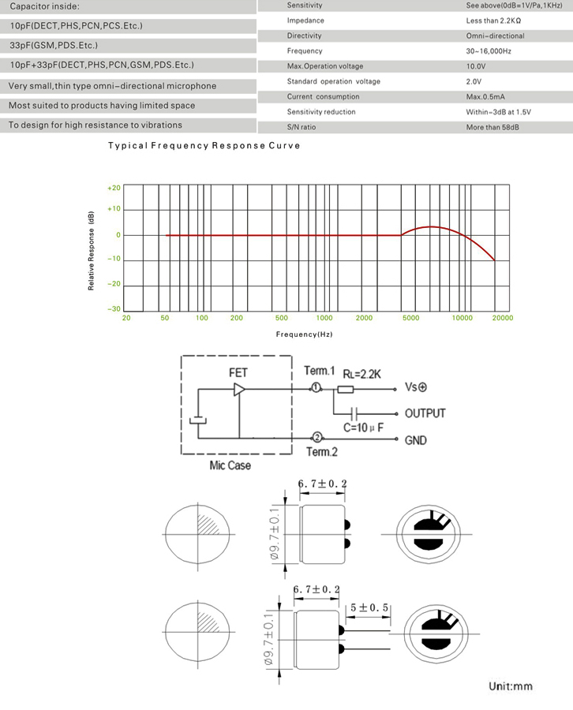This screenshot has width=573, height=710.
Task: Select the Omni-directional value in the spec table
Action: click(x=495, y=35)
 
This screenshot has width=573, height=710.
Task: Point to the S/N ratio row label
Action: click(x=302, y=127)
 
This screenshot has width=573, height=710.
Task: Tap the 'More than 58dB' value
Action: click(x=492, y=127)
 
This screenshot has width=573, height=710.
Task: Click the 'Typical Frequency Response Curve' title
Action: click(x=204, y=146)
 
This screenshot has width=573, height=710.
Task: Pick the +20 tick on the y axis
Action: click(x=114, y=188)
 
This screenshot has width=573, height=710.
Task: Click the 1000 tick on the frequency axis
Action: click(x=324, y=318)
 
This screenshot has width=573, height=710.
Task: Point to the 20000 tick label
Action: click(x=502, y=318)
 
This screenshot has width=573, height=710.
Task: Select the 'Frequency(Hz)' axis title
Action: click(x=304, y=334)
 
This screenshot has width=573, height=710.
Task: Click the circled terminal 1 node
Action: click(x=316, y=388)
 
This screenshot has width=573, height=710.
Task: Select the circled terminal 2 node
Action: click(x=316, y=437)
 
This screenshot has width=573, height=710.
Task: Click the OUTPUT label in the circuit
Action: click(x=425, y=413)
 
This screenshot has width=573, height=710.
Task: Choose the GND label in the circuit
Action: click(x=415, y=440)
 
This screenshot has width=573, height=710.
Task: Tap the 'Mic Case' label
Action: click(x=230, y=465)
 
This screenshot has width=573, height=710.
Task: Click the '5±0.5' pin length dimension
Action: click(x=369, y=607)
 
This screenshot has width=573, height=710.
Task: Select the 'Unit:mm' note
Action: click(x=510, y=686)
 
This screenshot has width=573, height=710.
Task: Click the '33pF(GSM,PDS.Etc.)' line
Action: click(x=54, y=46)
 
